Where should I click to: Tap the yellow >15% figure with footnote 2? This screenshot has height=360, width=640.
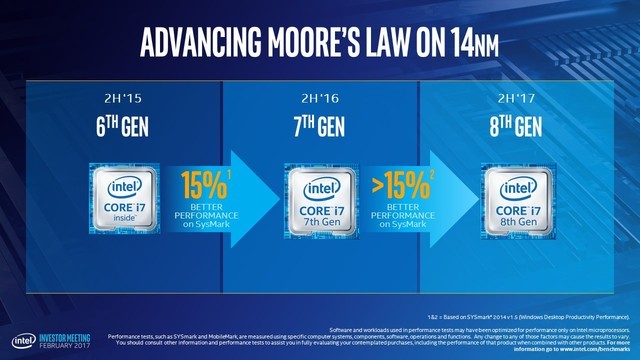[397, 186]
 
